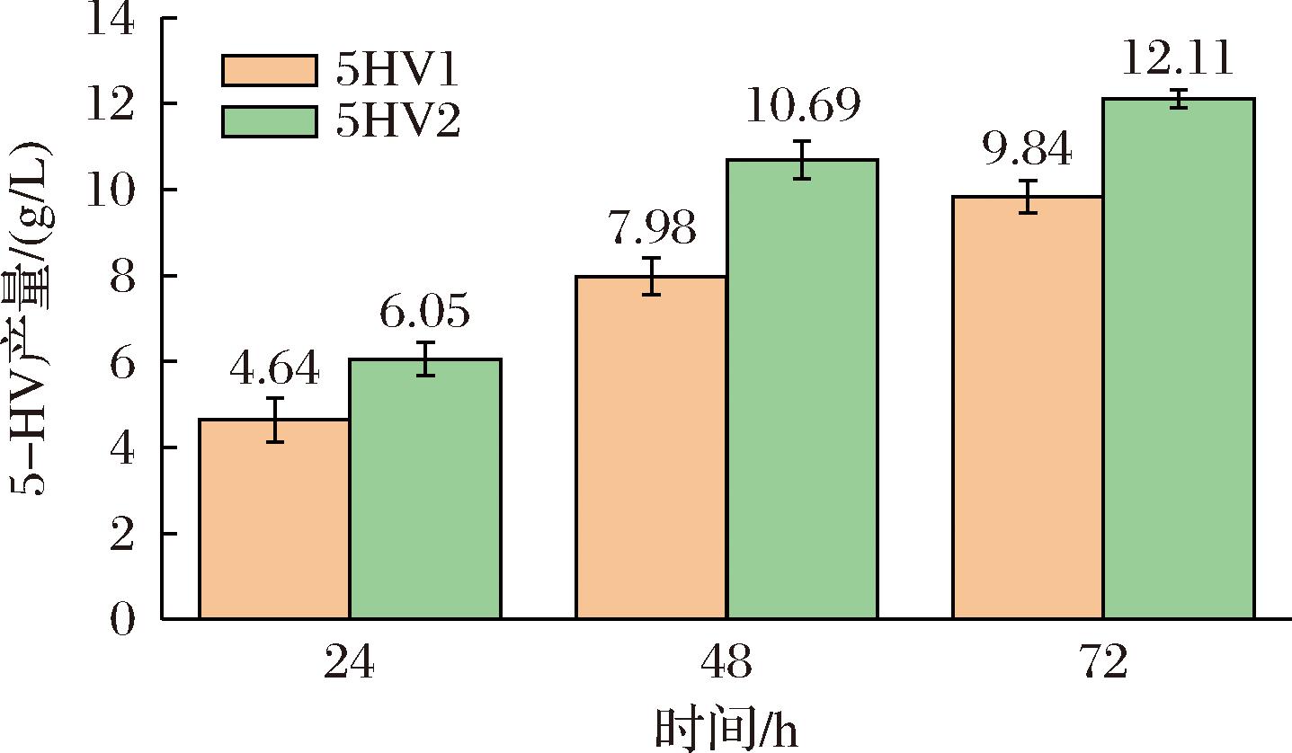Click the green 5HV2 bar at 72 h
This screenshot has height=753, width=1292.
tap(1179, 359)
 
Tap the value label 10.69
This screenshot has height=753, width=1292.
tap(803, 107)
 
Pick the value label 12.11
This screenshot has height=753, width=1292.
tap(1178, 59)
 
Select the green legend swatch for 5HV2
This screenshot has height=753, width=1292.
tap(270, 121)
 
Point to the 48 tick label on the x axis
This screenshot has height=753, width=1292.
tap(726, 665)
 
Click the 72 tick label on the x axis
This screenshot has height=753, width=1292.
tap(1103, 665)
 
